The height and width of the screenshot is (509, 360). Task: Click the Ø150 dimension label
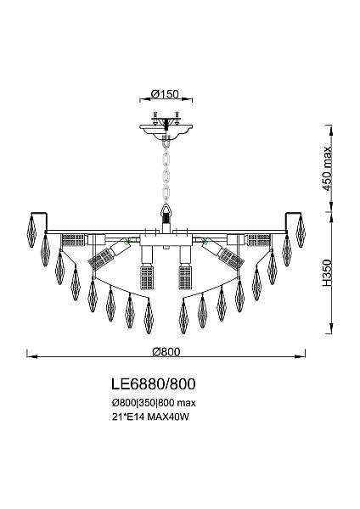point(166,95)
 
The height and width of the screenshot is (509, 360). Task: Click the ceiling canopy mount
point(166,126)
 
